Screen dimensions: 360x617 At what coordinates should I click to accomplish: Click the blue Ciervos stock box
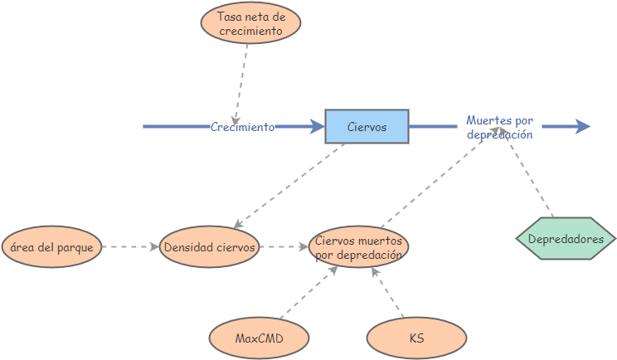[x=367, y=127]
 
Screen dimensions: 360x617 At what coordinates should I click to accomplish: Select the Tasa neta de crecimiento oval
[x=250, y=23]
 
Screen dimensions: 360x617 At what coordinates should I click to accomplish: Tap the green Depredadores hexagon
[x=566, y=239]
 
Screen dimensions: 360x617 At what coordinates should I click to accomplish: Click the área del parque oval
[x=52, y=247]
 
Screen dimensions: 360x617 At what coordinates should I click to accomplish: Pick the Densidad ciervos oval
[x=209, y=247]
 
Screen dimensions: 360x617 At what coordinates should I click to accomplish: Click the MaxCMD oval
[x=260, y=338]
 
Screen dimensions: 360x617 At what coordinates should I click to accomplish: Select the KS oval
[x=416, y=338]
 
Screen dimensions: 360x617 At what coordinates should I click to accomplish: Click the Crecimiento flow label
[x=242, y=127]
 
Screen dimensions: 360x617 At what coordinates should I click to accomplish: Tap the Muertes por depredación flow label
[x=499, y=127]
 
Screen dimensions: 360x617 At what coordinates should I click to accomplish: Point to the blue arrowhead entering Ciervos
[x=317, y=127]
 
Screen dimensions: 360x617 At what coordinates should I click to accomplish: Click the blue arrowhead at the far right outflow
[x=583, y=127]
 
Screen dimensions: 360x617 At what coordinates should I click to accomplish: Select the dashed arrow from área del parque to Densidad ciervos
[x=130, y=247]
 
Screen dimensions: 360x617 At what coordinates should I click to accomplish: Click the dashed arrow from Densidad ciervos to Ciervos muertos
[x=284, y=247]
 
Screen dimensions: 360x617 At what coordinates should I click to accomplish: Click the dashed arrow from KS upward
[x=387, y=294]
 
